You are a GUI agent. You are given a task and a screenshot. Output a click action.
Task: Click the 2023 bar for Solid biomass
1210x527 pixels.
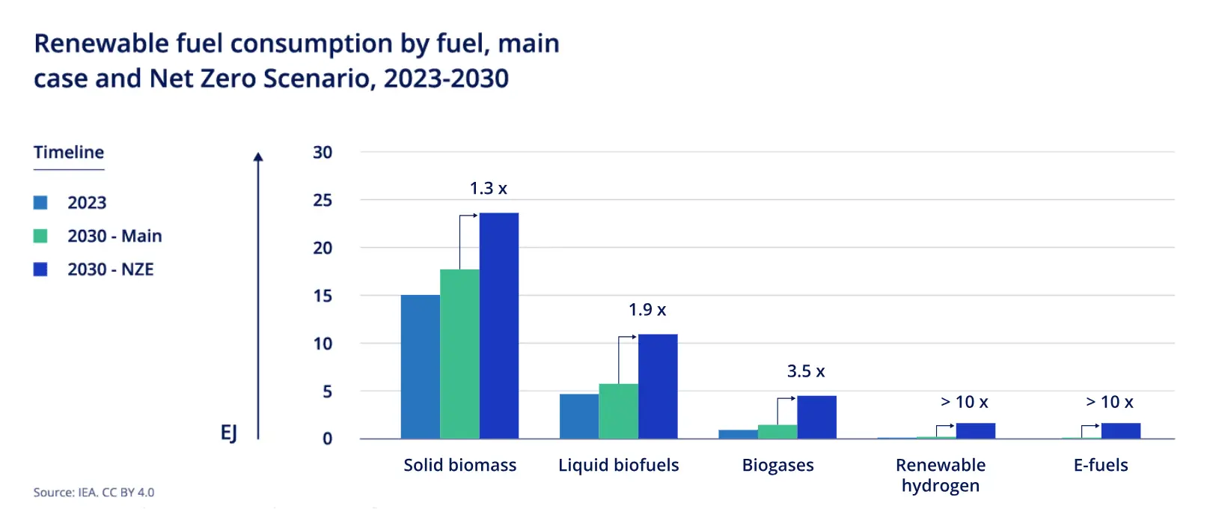point(420,367)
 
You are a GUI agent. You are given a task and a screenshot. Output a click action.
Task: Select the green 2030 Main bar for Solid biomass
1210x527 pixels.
point(459,354)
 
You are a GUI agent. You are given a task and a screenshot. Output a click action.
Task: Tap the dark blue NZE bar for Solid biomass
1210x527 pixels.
point(499,326)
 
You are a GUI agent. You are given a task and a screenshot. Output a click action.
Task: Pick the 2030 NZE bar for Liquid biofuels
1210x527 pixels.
point(658,386)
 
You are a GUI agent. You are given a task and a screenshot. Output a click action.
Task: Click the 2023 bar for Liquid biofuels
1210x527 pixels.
point(578,416)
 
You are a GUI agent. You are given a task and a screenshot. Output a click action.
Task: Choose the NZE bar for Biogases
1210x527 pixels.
point(816,417)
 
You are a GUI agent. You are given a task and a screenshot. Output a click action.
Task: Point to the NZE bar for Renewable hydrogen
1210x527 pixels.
point(975,430)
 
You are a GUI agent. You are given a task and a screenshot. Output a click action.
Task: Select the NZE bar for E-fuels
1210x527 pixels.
point(1120,430)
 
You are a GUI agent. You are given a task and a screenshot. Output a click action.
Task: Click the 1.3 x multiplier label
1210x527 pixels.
point(488,189)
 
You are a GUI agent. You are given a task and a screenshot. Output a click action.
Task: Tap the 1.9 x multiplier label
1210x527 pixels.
point(647,310)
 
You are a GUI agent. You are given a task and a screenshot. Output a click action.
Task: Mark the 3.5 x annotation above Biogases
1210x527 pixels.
point(805,371)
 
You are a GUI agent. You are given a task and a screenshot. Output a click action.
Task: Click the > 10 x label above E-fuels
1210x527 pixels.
point(1109,402)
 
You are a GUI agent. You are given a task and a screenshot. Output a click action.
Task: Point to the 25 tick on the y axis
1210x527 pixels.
point(323,200)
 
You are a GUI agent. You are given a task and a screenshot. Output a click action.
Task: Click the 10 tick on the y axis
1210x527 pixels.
point(323,344)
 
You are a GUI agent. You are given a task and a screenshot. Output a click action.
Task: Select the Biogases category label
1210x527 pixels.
point(777,465)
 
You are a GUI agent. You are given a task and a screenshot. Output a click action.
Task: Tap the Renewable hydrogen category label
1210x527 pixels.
point(940,475)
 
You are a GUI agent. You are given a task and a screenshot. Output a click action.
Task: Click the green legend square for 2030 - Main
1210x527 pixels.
point(40,236)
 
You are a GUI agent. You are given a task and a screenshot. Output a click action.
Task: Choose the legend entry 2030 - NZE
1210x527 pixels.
point(110,269)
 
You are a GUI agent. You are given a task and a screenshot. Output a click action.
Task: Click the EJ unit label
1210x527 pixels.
point(229,433)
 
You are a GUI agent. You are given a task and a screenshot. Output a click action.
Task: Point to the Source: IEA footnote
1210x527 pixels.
point(94,493)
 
